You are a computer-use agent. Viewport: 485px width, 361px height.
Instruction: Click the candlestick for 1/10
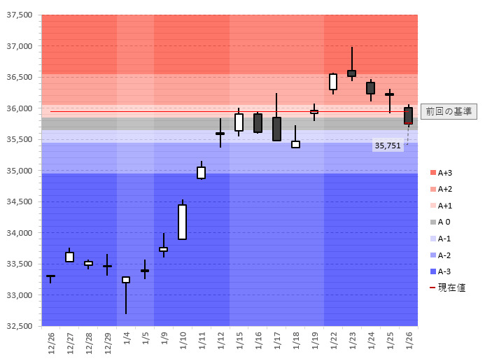click(x=183, y=222)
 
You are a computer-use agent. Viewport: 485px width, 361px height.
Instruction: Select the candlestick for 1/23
click(x=351, y=73)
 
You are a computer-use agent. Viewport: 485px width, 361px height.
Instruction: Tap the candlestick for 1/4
click(x=126, y=280)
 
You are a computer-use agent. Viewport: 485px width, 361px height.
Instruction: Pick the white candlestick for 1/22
click(x=333, y=82)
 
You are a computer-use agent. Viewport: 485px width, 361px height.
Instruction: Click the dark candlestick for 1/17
click(x=276, y=129)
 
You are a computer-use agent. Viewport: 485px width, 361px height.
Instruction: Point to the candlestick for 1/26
click(x=408, y=115)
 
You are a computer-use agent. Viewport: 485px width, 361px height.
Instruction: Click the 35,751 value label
click(x=388, y=146)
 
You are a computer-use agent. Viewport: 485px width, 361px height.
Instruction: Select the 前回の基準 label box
click(x=449, y=111)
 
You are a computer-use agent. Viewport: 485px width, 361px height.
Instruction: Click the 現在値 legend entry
click(x=447, y=288)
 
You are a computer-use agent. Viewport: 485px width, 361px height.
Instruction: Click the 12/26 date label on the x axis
click(x=51, y=343)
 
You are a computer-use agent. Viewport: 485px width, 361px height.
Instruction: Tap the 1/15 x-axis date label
click(x=239, y=343)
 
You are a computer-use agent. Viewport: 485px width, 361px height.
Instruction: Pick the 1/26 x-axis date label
click(x=409, y=343)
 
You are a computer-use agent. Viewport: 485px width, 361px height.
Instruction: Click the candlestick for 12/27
click(x=69, y=257)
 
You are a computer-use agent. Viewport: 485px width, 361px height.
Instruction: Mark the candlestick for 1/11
click(x=202, y=172)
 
